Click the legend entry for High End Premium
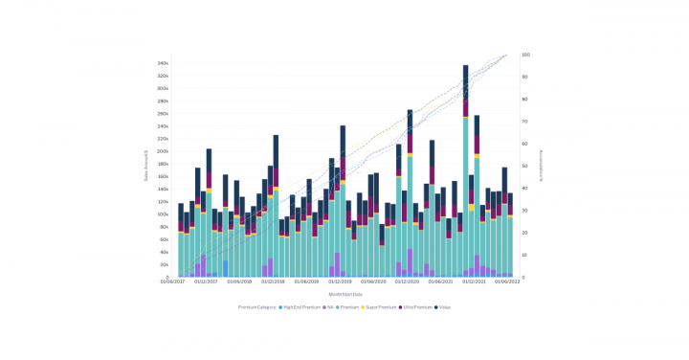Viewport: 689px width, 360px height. tap(298, 307)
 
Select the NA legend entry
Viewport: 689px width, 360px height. tap(330, 307)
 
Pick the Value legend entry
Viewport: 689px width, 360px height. tap(445, 307)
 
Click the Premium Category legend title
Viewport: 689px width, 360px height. tap(256, 307)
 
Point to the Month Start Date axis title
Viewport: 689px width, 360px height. tap(344, 294)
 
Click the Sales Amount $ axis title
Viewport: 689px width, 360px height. tap(145, 166)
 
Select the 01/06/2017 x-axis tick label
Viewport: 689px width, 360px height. tap(173, 282)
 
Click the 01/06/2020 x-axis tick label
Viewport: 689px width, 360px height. tap(374, 282)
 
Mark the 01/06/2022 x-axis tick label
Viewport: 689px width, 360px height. tap(508, 282)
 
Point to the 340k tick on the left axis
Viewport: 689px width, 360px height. tap(164, 63)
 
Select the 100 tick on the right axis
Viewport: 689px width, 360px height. tap(525, 55)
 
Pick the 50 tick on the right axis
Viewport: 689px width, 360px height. tap(524, 166)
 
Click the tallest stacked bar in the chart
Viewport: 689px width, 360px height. tap(466, 172)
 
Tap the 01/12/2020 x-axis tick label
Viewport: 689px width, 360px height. tap(408, 282)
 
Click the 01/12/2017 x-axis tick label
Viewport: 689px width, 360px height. tap(207, 282)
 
